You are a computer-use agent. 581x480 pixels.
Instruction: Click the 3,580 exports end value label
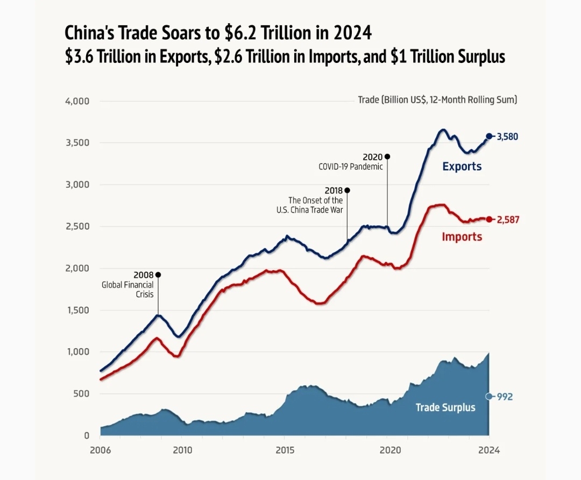click(x=507, y=137)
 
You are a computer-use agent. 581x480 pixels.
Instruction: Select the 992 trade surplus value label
click(x=505, y=397)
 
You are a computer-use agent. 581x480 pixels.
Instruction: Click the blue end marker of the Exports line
click(x=489, y=136)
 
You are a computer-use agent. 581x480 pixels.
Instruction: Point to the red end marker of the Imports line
click(x=489, y=220)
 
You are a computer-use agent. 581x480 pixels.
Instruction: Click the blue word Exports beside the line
click(x=462, y=166)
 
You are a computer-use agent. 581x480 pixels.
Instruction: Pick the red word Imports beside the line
click(x=462, y=236)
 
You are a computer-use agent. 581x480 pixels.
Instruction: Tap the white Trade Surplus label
click(x=445, y=407)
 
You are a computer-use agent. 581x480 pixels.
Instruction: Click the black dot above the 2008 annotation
click(x=158, y=275)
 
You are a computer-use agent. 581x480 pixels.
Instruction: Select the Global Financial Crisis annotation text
click(x=127, y=290)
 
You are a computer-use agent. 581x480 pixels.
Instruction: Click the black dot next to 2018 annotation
click(x=347, y=190)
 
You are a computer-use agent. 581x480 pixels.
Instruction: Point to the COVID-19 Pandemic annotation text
click(x=350, y=166)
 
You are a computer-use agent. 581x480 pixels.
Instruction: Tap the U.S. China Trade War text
click(x=309, y=210)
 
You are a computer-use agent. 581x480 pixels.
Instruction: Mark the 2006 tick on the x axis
click(x=101, y=450)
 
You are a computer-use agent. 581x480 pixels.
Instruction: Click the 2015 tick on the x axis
click(x=285, y=450)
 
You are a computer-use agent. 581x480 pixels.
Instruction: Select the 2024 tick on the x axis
click(x=488, y=450)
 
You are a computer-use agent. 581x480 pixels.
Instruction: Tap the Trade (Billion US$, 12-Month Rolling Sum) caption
click(x=437, y=100)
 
